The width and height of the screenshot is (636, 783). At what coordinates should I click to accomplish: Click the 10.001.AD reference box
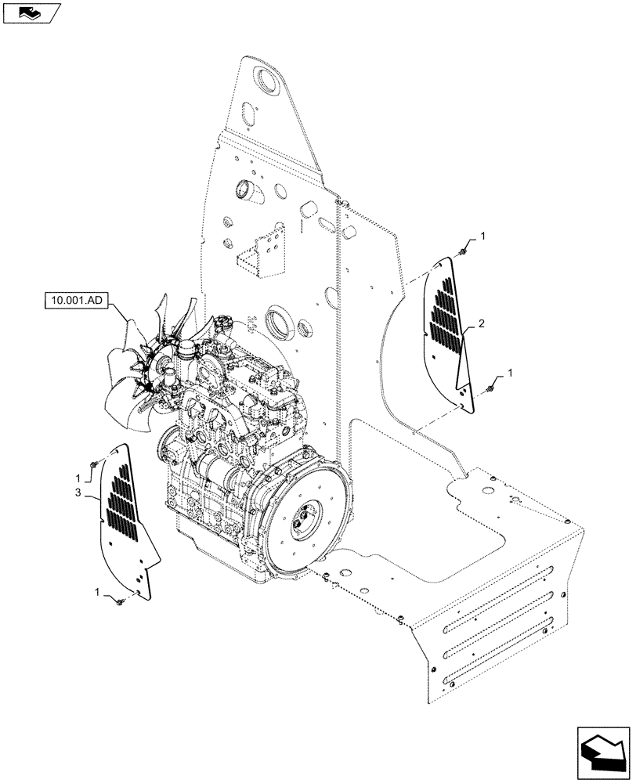77,299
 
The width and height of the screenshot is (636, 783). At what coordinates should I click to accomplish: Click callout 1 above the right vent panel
482,236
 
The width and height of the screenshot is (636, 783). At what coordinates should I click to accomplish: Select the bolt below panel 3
123,601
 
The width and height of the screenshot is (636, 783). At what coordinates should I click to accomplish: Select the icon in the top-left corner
32,13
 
